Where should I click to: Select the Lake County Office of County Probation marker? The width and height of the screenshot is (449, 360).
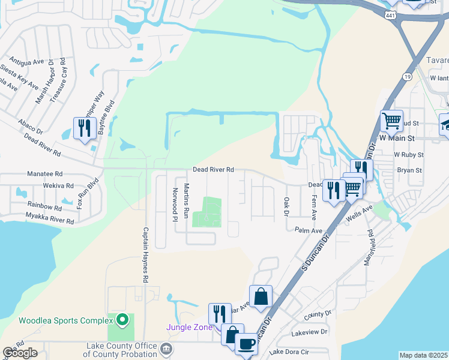point(166,348)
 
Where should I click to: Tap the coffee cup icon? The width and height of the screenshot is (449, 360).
point(246,344)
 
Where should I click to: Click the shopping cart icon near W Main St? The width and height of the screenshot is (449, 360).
point(391,121)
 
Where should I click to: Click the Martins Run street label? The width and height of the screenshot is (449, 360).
point(187,200)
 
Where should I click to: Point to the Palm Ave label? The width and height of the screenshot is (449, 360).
point(309,230)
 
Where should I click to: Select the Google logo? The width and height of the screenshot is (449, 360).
point(20,353)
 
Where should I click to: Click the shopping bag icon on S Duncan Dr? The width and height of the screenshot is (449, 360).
point(261,296)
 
